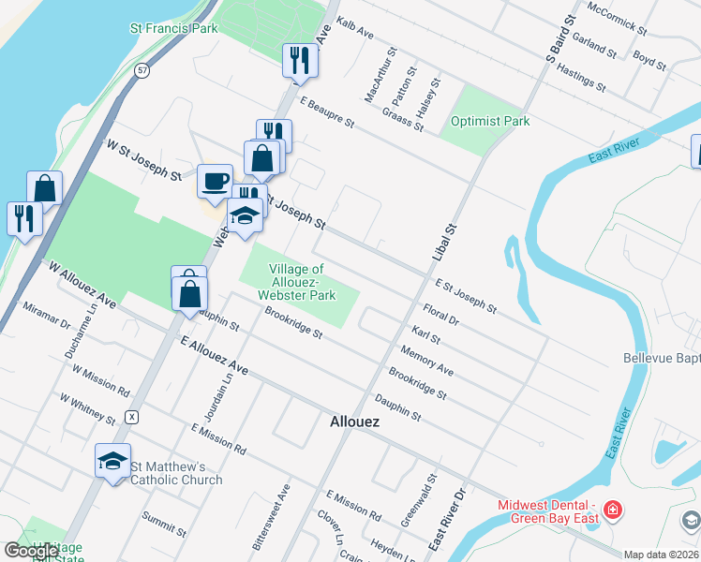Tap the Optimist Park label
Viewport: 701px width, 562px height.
point(490,121)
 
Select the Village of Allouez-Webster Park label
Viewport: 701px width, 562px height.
point(297,282)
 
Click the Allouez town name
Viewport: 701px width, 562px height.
point(355,421)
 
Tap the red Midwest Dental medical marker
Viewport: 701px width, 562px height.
point(613,510)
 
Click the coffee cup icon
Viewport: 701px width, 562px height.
point(215,178)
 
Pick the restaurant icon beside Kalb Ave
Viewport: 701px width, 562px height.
point(301,60)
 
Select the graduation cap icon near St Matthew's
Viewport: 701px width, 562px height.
point(113,460)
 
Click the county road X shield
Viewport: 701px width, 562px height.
point(133,416)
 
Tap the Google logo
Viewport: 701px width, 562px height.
point(31,551)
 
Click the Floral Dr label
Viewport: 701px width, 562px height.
point(440,314)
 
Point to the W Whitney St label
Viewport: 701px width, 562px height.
point(86,408)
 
